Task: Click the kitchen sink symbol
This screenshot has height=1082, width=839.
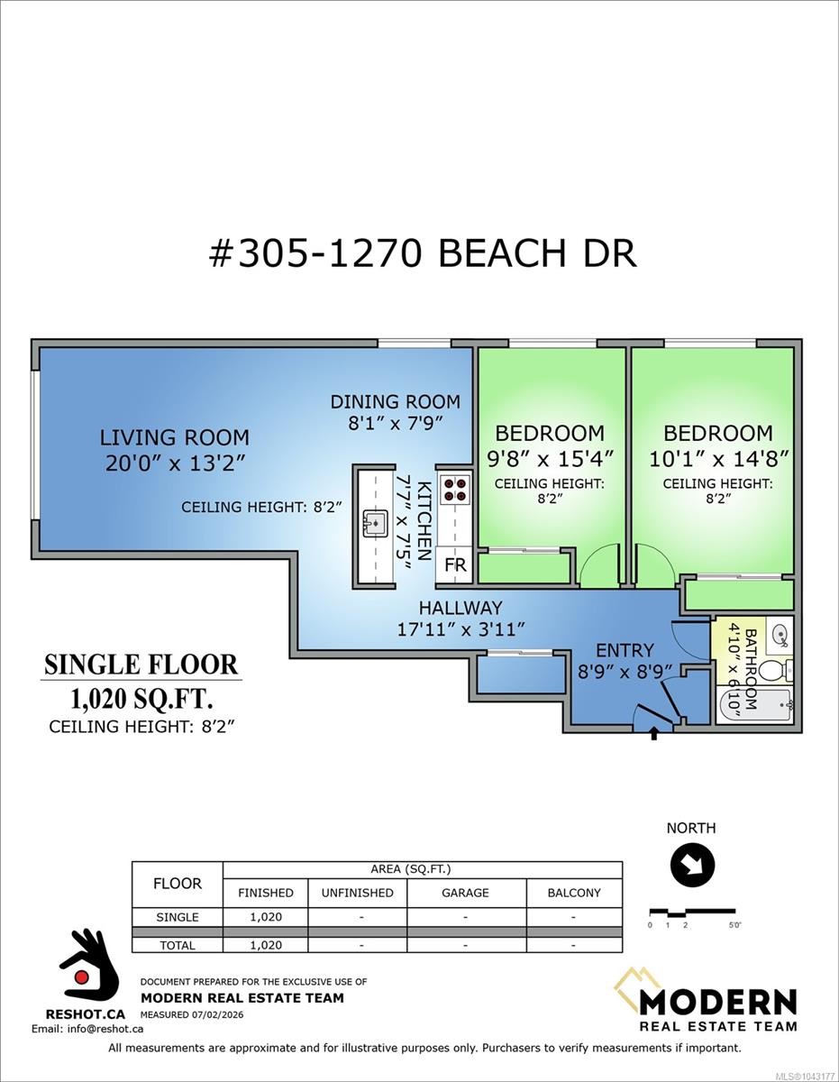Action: [376, 524]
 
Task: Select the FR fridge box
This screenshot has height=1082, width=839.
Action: [455, 564]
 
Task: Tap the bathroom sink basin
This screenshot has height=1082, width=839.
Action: [780, 635]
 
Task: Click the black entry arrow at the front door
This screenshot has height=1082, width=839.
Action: [654, 734]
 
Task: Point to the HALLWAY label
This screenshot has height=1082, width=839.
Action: [461, 608]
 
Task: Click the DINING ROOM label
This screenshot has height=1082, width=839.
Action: [396, 402]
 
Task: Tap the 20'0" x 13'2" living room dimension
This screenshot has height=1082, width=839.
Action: [175, 464]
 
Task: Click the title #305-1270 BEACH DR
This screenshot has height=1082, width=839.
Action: [423, 253]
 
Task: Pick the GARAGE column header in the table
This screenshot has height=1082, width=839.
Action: [465, 893]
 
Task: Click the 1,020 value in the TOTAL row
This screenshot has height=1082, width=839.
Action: [266, 945]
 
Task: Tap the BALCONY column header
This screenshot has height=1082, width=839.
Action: [574, 893]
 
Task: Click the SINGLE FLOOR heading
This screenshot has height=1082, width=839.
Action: [141, 665]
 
